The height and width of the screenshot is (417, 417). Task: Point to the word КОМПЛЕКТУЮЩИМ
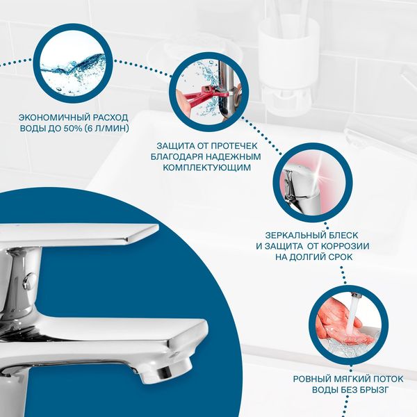(x=206, y=167)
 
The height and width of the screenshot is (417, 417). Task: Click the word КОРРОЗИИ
(x=345, y=246)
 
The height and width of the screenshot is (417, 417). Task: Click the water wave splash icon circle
(x=72, y=63)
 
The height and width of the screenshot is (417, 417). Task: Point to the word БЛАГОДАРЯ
(x=177, y=156)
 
